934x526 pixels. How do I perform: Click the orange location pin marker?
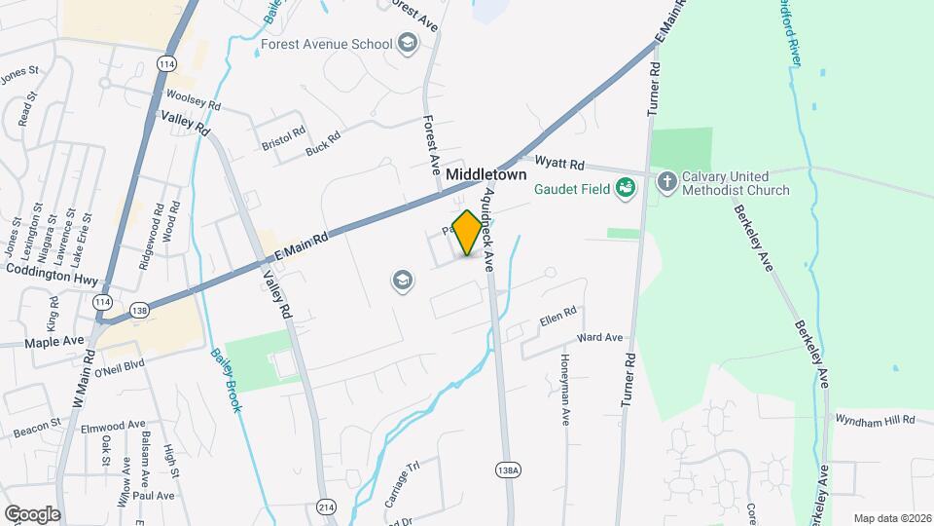tap(467, 232)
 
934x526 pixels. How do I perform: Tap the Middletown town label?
tap(486, 174)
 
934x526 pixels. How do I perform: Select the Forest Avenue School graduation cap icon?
tap(408, 44)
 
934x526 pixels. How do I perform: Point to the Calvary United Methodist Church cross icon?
tap(666, 181)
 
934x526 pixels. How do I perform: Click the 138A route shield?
tap(508, 469)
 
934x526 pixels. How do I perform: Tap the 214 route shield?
tap(325, 507)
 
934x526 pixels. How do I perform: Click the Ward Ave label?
tap(599, 338)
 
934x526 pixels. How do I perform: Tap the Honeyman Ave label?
tap(565, 389)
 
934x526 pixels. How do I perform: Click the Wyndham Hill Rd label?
tap(876, 419)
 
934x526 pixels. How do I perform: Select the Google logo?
tap(32, 513)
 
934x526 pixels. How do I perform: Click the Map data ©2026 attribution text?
tap(891, 518)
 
